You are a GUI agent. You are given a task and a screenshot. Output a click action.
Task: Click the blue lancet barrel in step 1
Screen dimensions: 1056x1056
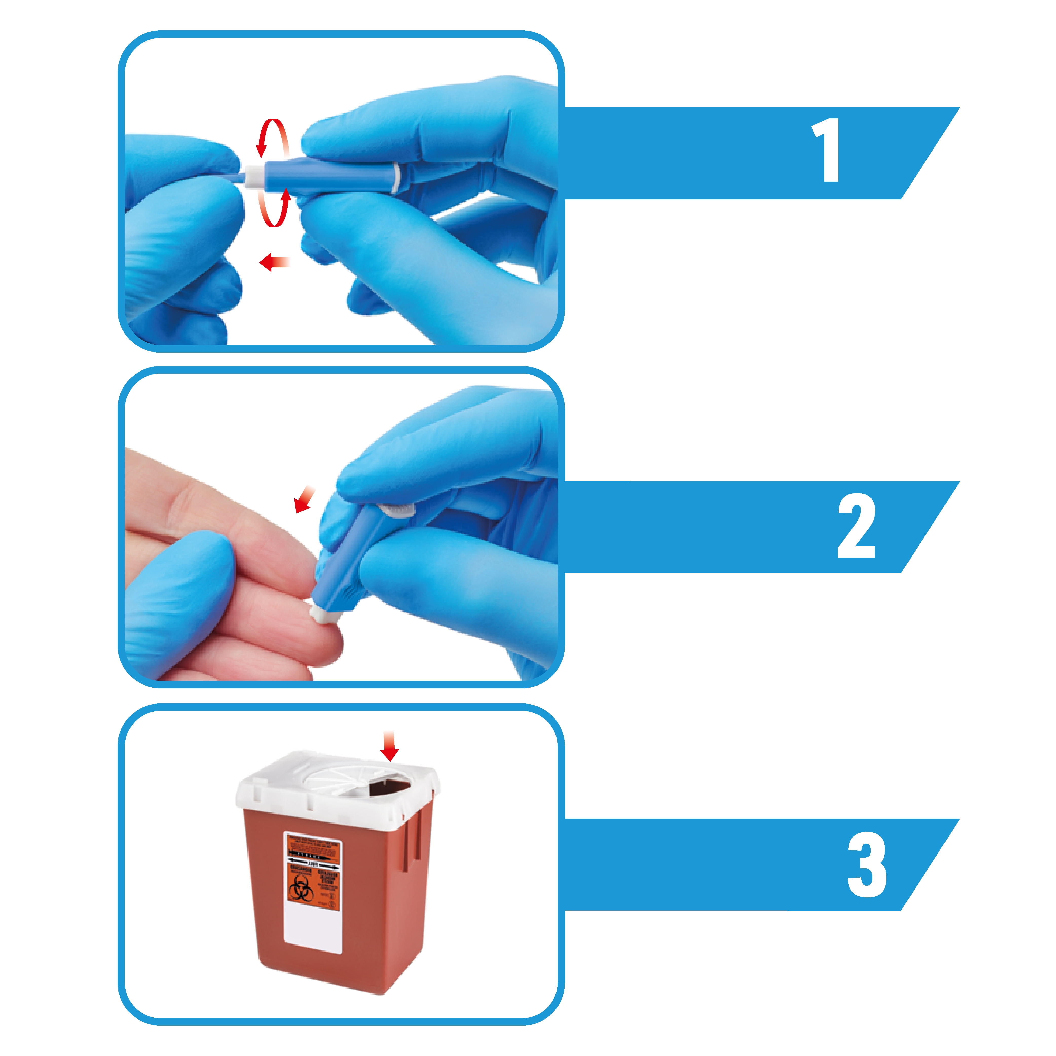tap(328, 174)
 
